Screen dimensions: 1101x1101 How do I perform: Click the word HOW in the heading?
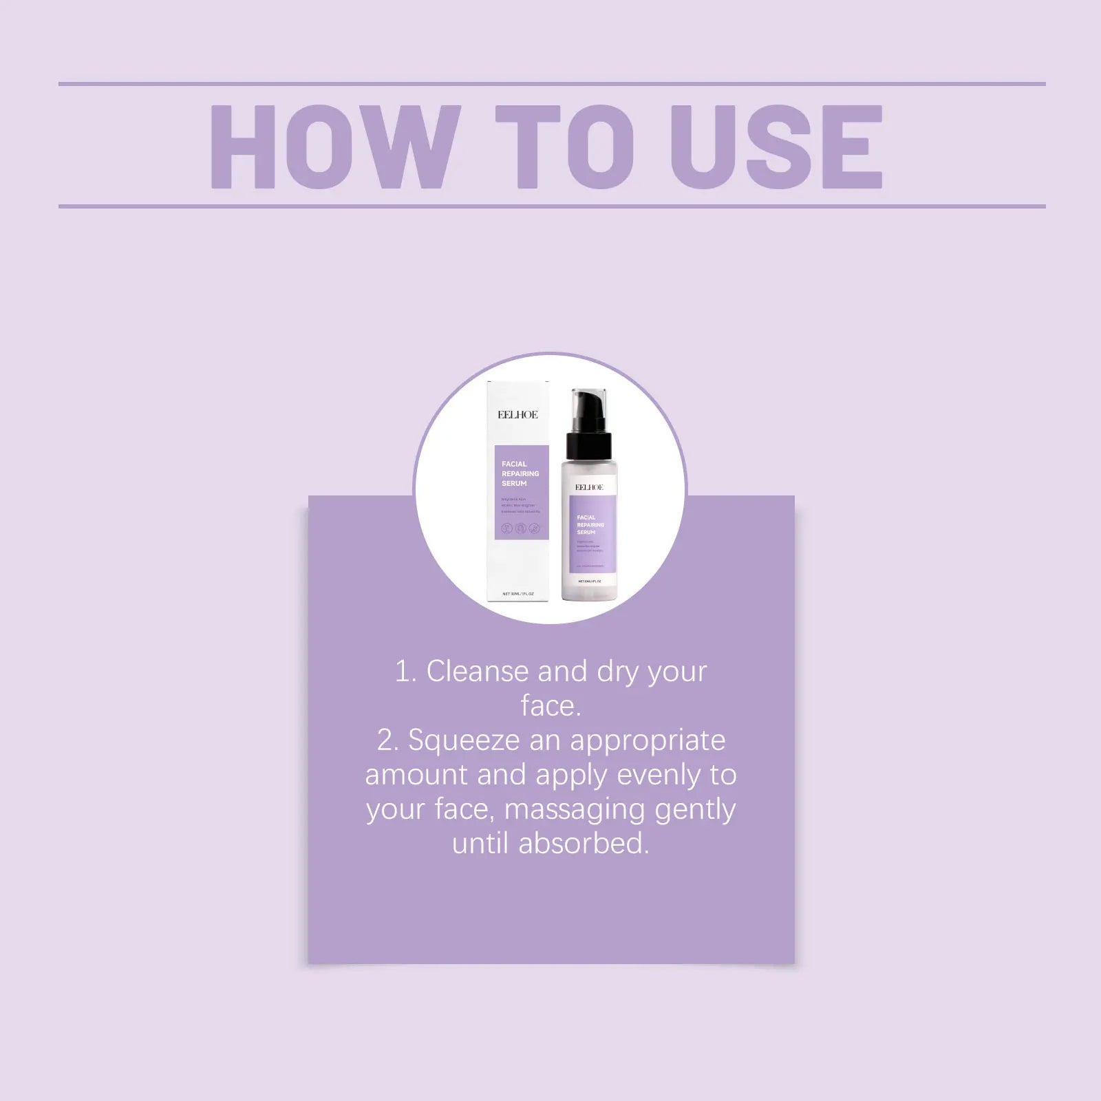(335, 147)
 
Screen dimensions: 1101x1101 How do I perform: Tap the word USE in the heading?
(777, 147)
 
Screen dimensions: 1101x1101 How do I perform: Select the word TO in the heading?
(564, 147)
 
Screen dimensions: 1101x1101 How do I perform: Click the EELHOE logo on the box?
(517, 415)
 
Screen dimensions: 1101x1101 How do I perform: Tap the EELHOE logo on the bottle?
(589, 487)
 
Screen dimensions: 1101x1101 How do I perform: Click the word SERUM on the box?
(514, 484)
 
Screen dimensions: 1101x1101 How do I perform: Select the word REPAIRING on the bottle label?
(590, 525)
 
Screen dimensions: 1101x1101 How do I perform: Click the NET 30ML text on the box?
(518, 594)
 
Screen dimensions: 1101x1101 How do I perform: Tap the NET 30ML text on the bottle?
(589, 581)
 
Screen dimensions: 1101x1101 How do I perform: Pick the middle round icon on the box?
(521, 528)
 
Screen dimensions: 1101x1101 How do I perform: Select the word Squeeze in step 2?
(464, 740)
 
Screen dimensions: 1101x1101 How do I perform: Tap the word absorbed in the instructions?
(584, 844)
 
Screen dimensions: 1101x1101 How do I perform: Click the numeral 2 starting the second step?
(386, 740)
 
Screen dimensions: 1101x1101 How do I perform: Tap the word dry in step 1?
(617, 672)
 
